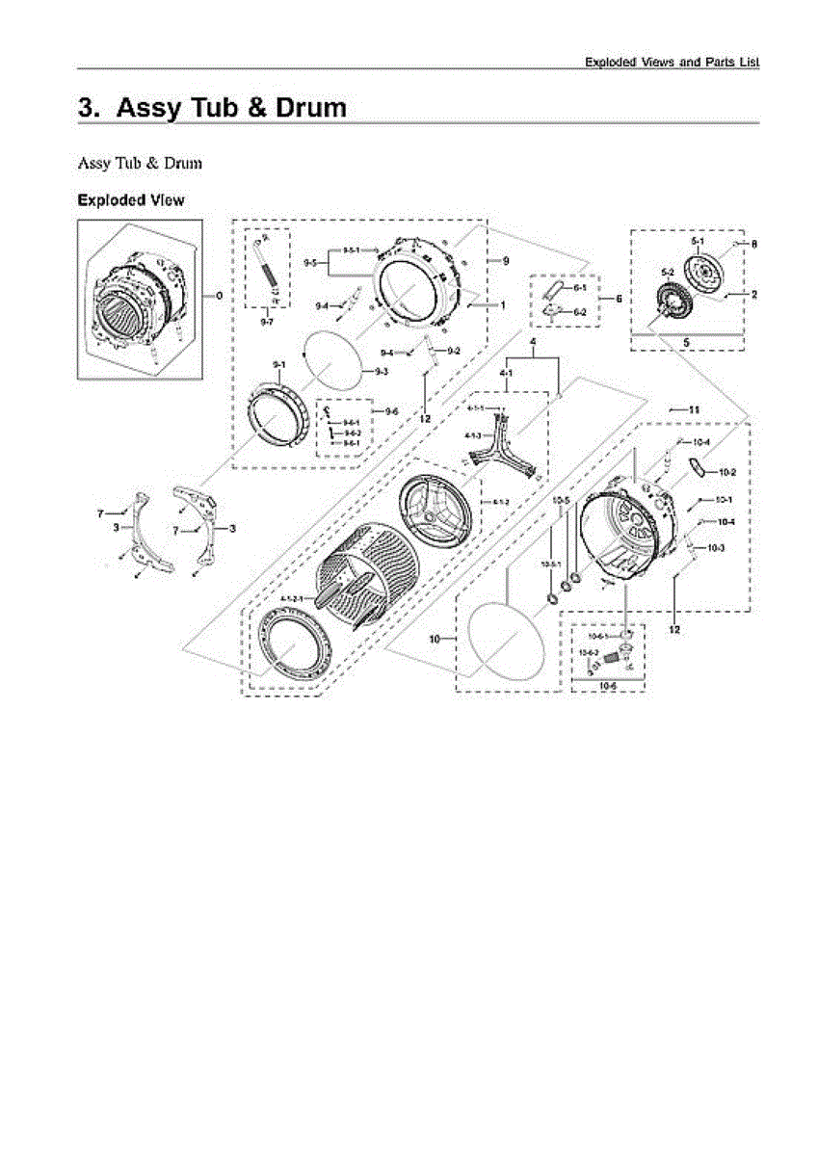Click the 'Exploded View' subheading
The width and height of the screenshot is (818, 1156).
[131, 200]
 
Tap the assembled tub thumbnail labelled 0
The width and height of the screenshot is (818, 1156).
[139, 299]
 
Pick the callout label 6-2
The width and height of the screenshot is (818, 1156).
[580, 312]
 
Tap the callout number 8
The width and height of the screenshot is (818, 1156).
[753, 245]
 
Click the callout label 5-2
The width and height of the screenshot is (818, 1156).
[667, 273]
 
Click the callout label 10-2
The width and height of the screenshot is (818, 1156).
[726, 473]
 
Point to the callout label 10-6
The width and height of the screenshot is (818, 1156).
[607, 686]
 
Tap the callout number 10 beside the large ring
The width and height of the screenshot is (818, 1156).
[435, 639]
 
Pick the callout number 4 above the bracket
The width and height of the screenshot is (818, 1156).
[531, 343]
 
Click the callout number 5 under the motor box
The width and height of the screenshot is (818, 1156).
[686, 341]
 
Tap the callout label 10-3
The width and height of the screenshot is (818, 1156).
[715, 548]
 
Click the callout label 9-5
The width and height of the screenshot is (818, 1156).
[310, 262]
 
